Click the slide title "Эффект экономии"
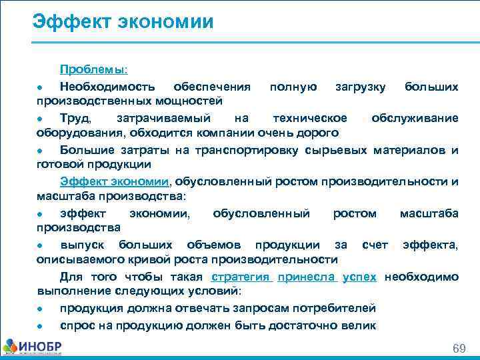pos(123,22)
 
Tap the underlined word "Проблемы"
pos(94,69)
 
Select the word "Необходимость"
pos(108,87)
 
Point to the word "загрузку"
pos(360,87)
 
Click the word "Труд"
pos(73,118)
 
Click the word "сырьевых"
pos(333,149)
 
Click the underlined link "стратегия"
pos(239,277)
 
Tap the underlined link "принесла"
pos(307,277)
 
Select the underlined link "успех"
pos(359,277)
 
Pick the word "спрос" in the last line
pos(77,325)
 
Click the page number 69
pos(459,349)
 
